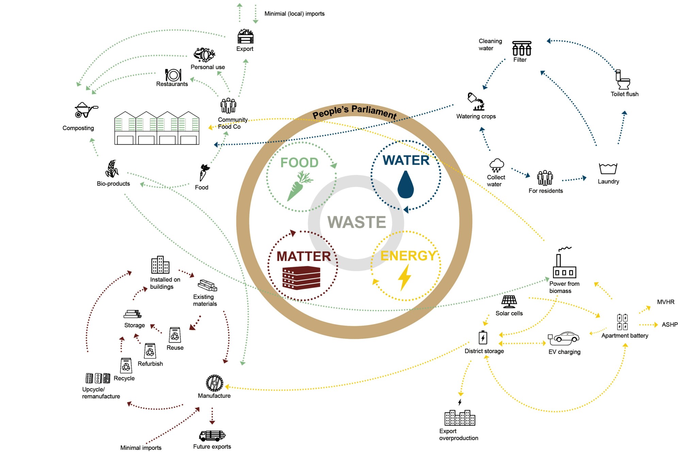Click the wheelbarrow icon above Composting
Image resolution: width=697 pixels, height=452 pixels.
tap(85, 110)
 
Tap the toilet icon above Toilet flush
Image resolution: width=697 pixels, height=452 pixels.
tap(623, 80)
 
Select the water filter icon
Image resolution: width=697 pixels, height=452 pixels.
tap(521, 49)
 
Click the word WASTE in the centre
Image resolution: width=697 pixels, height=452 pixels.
tap(357, 222)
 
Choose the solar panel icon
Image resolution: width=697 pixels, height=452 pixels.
tap(509, 301)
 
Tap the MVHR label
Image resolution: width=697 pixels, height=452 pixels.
tap(665, 302)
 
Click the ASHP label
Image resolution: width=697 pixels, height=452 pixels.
tap(669, 325)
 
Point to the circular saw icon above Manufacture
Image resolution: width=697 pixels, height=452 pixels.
tap(214, 383)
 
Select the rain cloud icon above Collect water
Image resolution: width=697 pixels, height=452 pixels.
tap(497, 166)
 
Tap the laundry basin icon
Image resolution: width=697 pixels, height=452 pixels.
tap(608, 169)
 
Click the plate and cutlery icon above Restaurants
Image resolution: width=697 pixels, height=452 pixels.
tap(173, 75)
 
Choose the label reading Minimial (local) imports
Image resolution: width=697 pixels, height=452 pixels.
tap(294, 14)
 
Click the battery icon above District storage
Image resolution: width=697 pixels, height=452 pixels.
tap(483, 338)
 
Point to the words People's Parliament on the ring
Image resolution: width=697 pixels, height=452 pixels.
tap(354, 112)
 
